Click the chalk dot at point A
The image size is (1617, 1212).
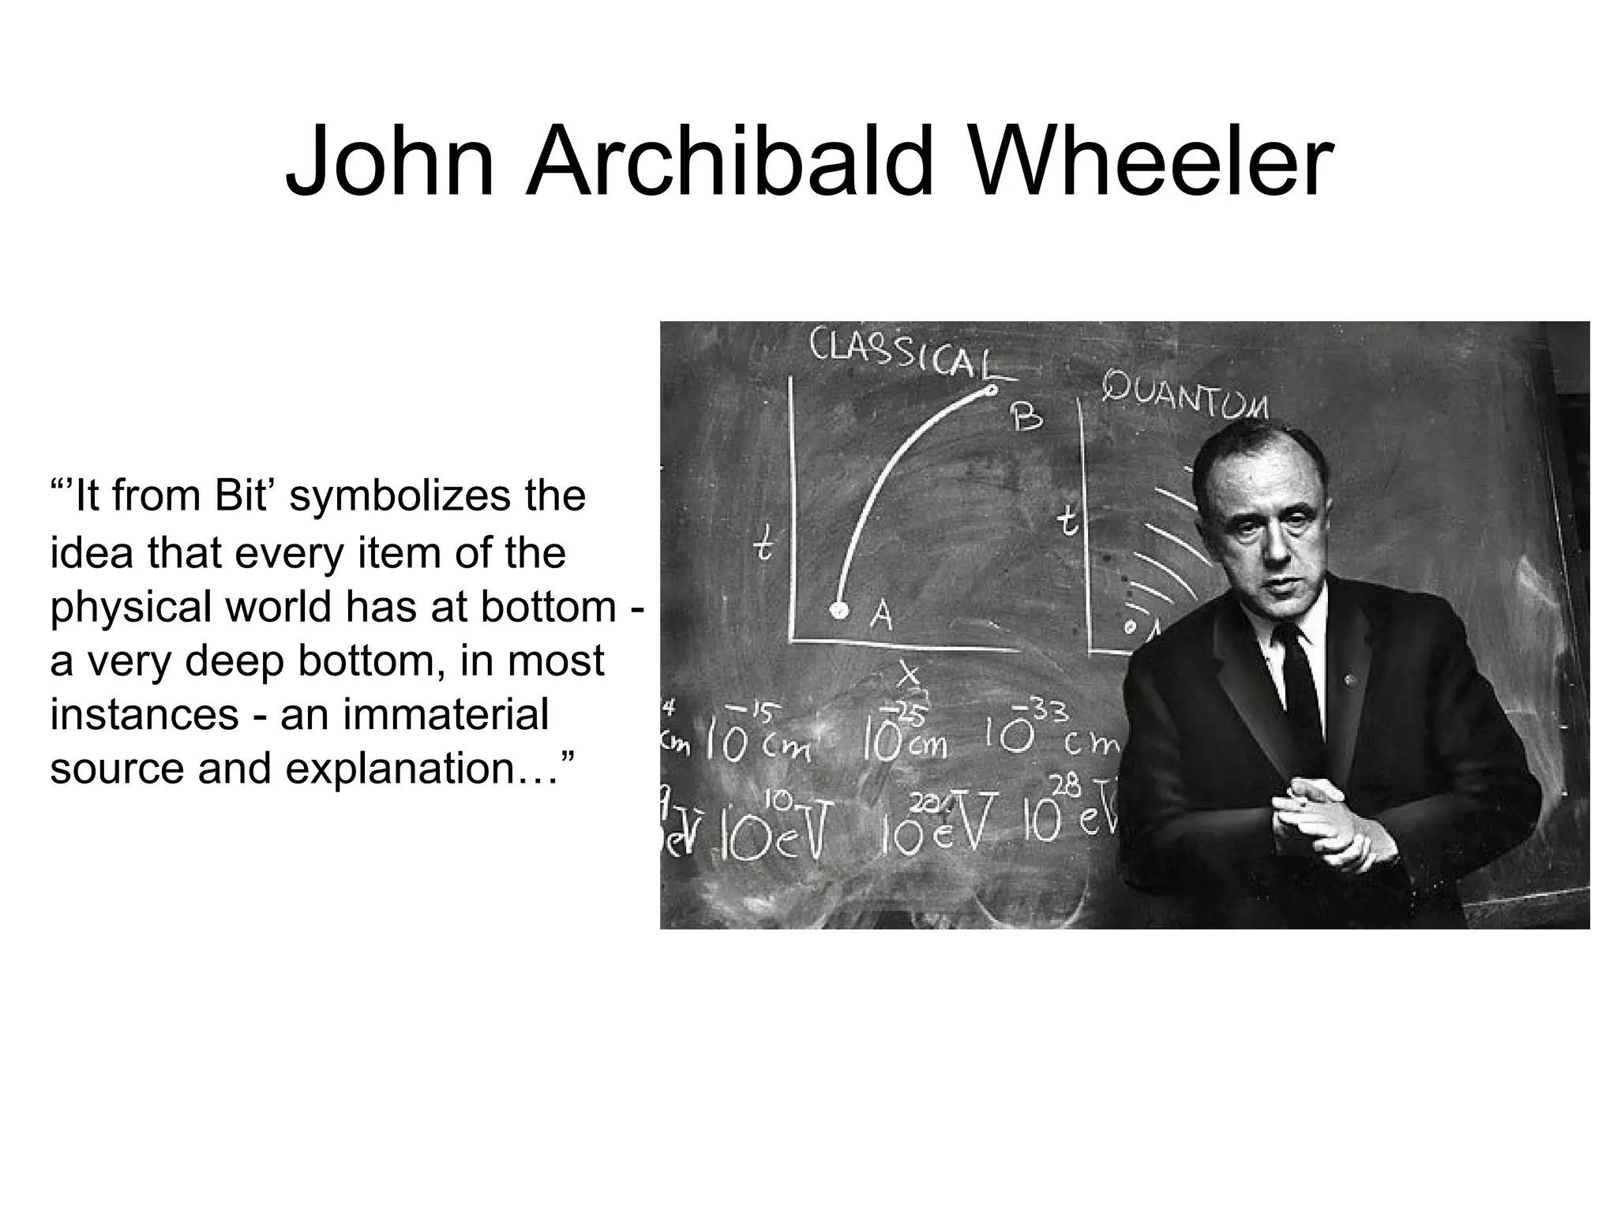pos(839,610)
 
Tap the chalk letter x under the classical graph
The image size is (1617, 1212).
pos(911,675)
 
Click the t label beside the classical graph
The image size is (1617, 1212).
pos(763,546)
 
